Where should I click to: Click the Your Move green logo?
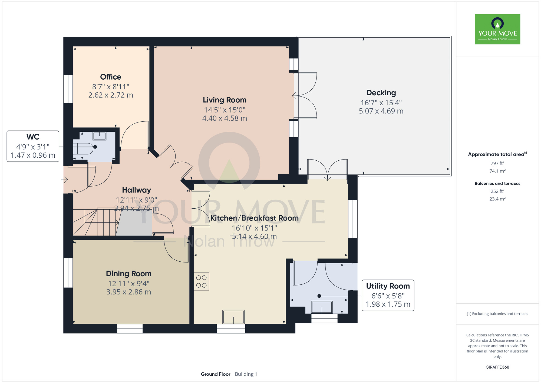pyautogui.click(x=497, y=29)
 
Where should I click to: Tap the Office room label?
pyautogui.click(x=111, y=77)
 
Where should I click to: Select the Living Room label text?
pyautogui.click(x=225, y=100)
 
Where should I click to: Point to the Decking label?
pyautogui.click(x=381, y=93)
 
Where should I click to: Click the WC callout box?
pyautogui.click(x=33, y=146)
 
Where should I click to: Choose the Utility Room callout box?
pyautogui.click(x=388, y=295)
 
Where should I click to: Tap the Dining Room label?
pyautogui.click(x=129, y=274)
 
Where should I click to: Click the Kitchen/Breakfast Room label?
pyautogui.click(x=254, y=218)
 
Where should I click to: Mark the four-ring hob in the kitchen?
pyautogui.click(x=201, y=281)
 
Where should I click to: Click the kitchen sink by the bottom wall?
pyautogui.click(x=233, y=317)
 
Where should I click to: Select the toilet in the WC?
pyautogui.click(x=84, y=148)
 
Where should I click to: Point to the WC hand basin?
pyautogui.click(x=100, y=136)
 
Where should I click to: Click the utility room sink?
pyautogui.click(x=322, y=307)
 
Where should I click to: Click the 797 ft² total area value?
pyautogui.click(x=497, y=163)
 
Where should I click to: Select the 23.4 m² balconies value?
pyautogui.click(x=497, y=199)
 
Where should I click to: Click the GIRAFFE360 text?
pyautogui.click(x=497, y=367)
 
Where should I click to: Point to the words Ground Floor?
pyautogui.click(x=216, y=374)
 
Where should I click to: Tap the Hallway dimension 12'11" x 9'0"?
pyautogui.click(x=137, y=200)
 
